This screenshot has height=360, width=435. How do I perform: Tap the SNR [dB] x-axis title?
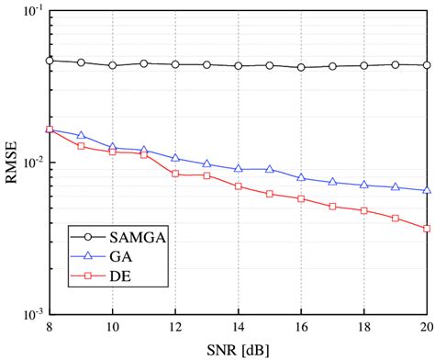coord(239,350)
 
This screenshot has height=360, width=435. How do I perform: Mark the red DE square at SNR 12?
coord(175,174)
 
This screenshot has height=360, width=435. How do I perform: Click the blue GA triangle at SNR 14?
coord(239,169)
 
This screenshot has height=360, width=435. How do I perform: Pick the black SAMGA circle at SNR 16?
coord(301,67)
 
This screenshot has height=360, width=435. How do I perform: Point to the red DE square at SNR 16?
coord(301,198)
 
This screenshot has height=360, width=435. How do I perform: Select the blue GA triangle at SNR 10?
coord(113,147)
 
